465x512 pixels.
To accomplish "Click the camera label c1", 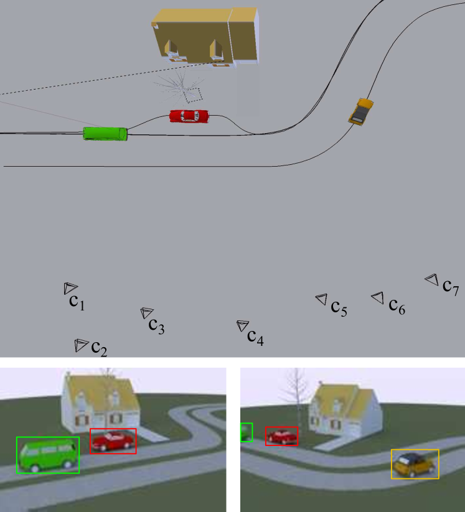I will (x=77, y=302).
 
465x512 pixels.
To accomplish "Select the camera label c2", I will (x=100, y=348).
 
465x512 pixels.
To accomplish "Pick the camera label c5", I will (x=339, y=307).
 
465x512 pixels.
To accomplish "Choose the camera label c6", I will (x=397, y=305).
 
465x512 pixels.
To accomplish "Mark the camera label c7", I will (x=451, y=286).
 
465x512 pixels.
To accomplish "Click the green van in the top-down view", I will (x=105, y=133).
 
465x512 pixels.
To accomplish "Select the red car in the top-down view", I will (x=190, y=116).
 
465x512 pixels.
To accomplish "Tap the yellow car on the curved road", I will (x=360, y=111).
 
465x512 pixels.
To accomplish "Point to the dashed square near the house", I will (x=194, y=94).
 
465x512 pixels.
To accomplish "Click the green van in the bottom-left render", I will (x=47, y=455).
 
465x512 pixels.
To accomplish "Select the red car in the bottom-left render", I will (x=113, y=440).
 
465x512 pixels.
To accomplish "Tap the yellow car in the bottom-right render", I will (x=415, y=464).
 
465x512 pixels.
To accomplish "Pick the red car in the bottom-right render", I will (x=281, y=436).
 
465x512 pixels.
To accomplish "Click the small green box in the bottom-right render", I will (x=247, y=432).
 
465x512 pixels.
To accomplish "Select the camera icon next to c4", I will (x=242, y=325).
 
